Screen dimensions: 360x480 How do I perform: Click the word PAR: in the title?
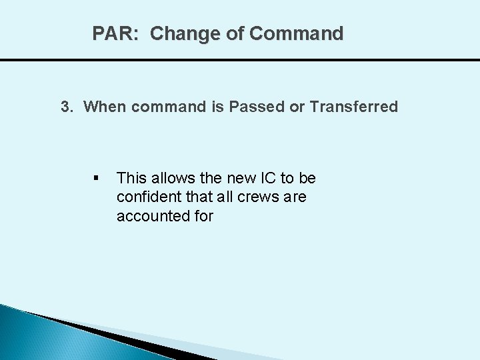point(115,33)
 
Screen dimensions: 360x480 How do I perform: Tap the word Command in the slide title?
point(297,33)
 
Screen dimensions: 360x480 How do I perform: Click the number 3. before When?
point(67,107)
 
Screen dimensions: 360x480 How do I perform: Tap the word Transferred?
point(354,107)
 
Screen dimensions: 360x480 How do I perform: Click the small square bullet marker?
point(97,179)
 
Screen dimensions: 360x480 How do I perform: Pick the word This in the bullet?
point(131,179)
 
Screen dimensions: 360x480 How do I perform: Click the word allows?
point(170,179)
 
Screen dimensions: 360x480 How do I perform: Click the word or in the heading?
point(298,107)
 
